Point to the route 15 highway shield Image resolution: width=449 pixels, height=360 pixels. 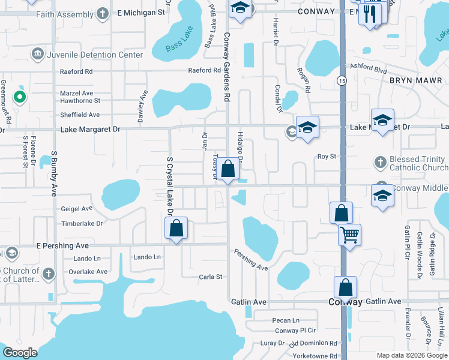(x=342, y=80)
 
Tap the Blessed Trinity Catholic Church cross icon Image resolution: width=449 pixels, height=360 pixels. (x=380, y=162)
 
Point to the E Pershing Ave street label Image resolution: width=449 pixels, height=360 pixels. (x=62, y=246)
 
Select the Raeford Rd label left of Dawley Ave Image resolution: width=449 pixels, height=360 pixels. (x=76, y=71)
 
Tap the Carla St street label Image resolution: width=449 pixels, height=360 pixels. (x=211, y=277)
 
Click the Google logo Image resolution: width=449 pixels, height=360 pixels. (x=20, y=353)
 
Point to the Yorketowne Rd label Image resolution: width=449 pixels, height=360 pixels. (x=315, y=355)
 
